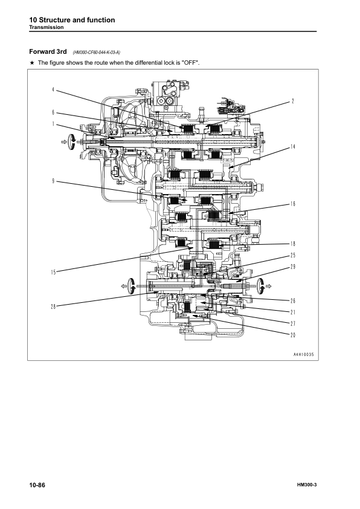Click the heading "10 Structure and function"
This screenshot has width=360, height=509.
coord(72,20)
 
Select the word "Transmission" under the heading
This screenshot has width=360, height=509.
coord(49,28)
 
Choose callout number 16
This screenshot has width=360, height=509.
coord(292,204)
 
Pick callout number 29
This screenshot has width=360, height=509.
coord(292,267)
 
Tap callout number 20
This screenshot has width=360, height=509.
coord(292,335)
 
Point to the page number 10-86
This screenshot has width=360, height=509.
coord(37,485)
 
